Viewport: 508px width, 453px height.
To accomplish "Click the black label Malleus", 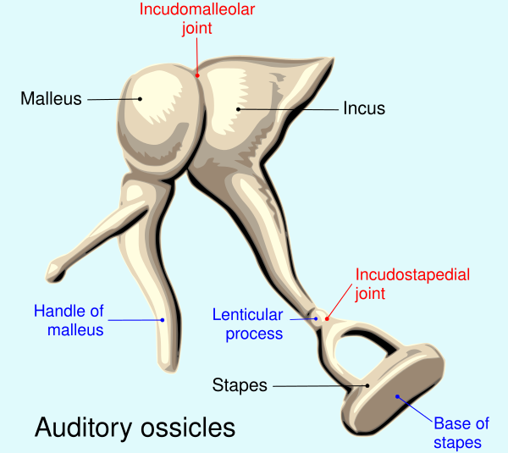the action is pyautogui.click(x=51, y=98).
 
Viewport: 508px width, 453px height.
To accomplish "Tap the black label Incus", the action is pyautogui.click(x=364, y=108).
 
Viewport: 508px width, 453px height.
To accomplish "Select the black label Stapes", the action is pyautogui.click(x=240, y=385).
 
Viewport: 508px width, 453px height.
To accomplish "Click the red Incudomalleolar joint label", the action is pyautogui.click(x=197, y=19).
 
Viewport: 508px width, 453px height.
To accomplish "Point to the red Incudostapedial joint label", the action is pyautogui.click(x=412, y=285).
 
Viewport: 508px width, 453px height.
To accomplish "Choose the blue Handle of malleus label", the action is pyautogui.click(x=69, y=320).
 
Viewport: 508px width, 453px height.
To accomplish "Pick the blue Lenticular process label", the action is pyautogui.click(x=248, y=324).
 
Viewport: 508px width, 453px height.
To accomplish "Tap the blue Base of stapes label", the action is pyautogui.click(x=461, y=433).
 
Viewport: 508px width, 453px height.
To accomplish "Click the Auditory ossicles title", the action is pyautogui.click(x=135, y=428).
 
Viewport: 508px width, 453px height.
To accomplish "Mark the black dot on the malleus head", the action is pyautogui.click(x=140, y=99).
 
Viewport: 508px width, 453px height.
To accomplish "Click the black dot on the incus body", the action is pyautogui.click(x=239, y=109).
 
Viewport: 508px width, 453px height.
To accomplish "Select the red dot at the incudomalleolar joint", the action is pyautogui.click(x=197, y=75).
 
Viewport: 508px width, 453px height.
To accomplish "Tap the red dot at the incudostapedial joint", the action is pyautogui.click(x=327, y=319).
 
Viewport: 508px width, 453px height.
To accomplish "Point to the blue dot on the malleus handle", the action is pyautogui.click(x=163, y=320).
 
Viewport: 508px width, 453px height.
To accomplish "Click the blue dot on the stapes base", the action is pyautogui.click(x=397, y=396).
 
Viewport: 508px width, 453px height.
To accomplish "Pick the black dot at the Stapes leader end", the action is pyautogui.click(x=367, y=385).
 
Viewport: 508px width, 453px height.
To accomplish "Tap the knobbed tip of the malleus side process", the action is pyautogui.click(x=53, y=272).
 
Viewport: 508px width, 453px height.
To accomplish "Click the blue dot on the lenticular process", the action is pyautogui.click(x=316, y=319).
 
